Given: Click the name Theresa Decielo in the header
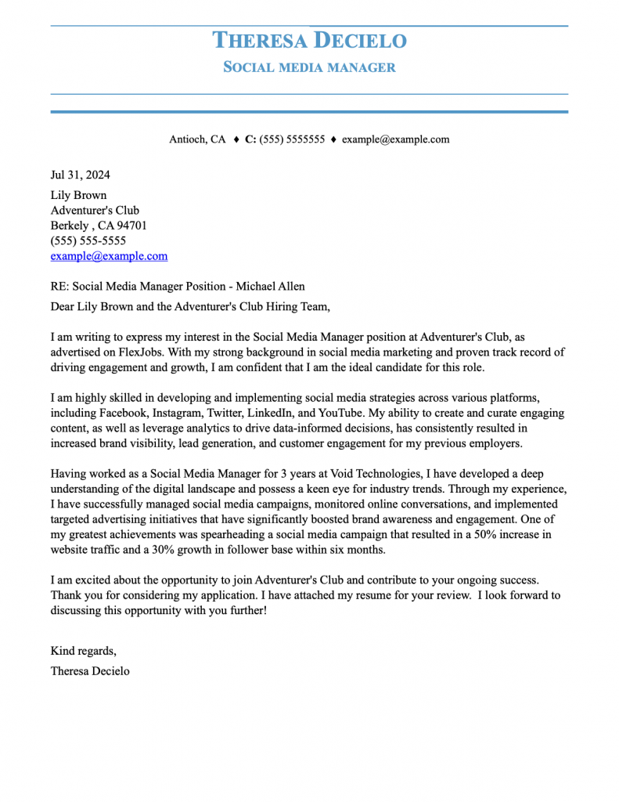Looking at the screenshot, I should (x=310, y=40).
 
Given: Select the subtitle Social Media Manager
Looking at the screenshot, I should (x=310, y=67).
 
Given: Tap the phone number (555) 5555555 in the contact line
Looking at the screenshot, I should (x=292, y=139).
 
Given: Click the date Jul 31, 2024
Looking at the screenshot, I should (x=81, y=175).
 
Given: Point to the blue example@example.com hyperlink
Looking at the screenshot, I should (x=109, y=256).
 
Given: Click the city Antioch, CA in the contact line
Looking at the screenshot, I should (x=197, y=139).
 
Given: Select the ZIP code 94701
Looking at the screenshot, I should (x=131, y=226).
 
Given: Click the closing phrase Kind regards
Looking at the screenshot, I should (x=83, y=651).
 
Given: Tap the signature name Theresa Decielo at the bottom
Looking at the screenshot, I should (x=90, y=670).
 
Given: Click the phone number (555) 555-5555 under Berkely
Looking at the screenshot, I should (x=88, y=240).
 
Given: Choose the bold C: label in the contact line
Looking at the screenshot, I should (x=250, y=139).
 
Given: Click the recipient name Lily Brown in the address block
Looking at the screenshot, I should (x=78, y=195).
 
